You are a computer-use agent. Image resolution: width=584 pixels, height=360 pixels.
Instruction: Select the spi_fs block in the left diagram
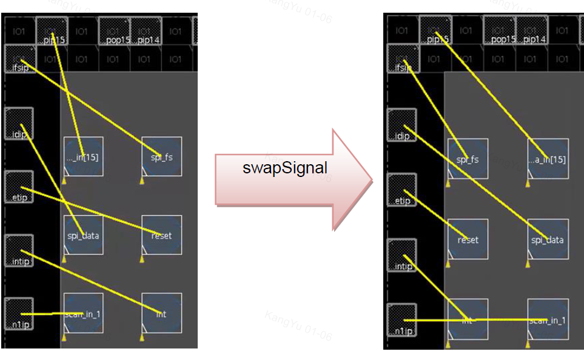pos(161,156)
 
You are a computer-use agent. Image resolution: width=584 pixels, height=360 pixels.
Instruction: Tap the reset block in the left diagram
pos(161,235)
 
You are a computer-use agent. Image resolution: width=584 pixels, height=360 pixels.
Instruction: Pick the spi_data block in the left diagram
pos(83,235)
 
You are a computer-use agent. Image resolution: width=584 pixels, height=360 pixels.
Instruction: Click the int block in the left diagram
pos(161,313)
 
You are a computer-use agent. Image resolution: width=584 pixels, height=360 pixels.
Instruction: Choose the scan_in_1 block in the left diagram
pos(83,313)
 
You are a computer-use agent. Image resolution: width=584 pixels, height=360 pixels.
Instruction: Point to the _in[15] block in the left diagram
pos(83,156)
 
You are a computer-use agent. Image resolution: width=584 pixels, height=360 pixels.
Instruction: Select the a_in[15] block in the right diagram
pos(548,159)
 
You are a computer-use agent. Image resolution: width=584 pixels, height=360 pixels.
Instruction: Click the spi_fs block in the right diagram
pos(468,159)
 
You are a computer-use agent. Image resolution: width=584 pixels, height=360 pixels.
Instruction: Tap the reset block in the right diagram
pos(468,239)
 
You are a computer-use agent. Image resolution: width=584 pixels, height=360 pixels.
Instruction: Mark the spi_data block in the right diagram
pos(548,239)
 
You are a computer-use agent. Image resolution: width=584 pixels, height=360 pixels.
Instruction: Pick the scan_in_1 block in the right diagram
pos(548,319)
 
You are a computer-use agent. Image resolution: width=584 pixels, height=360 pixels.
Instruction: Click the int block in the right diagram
pos(468,319)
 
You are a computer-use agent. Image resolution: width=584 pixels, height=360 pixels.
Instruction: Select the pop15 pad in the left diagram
pos(112,31)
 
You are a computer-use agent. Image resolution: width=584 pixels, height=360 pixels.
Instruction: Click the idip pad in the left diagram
pos(19,124)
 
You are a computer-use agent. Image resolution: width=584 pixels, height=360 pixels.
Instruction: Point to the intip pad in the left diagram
pos(19,251)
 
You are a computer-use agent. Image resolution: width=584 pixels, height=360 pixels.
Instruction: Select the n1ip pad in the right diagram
pos(401,321)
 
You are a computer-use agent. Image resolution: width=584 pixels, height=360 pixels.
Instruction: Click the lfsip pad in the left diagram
pos(19,59)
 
